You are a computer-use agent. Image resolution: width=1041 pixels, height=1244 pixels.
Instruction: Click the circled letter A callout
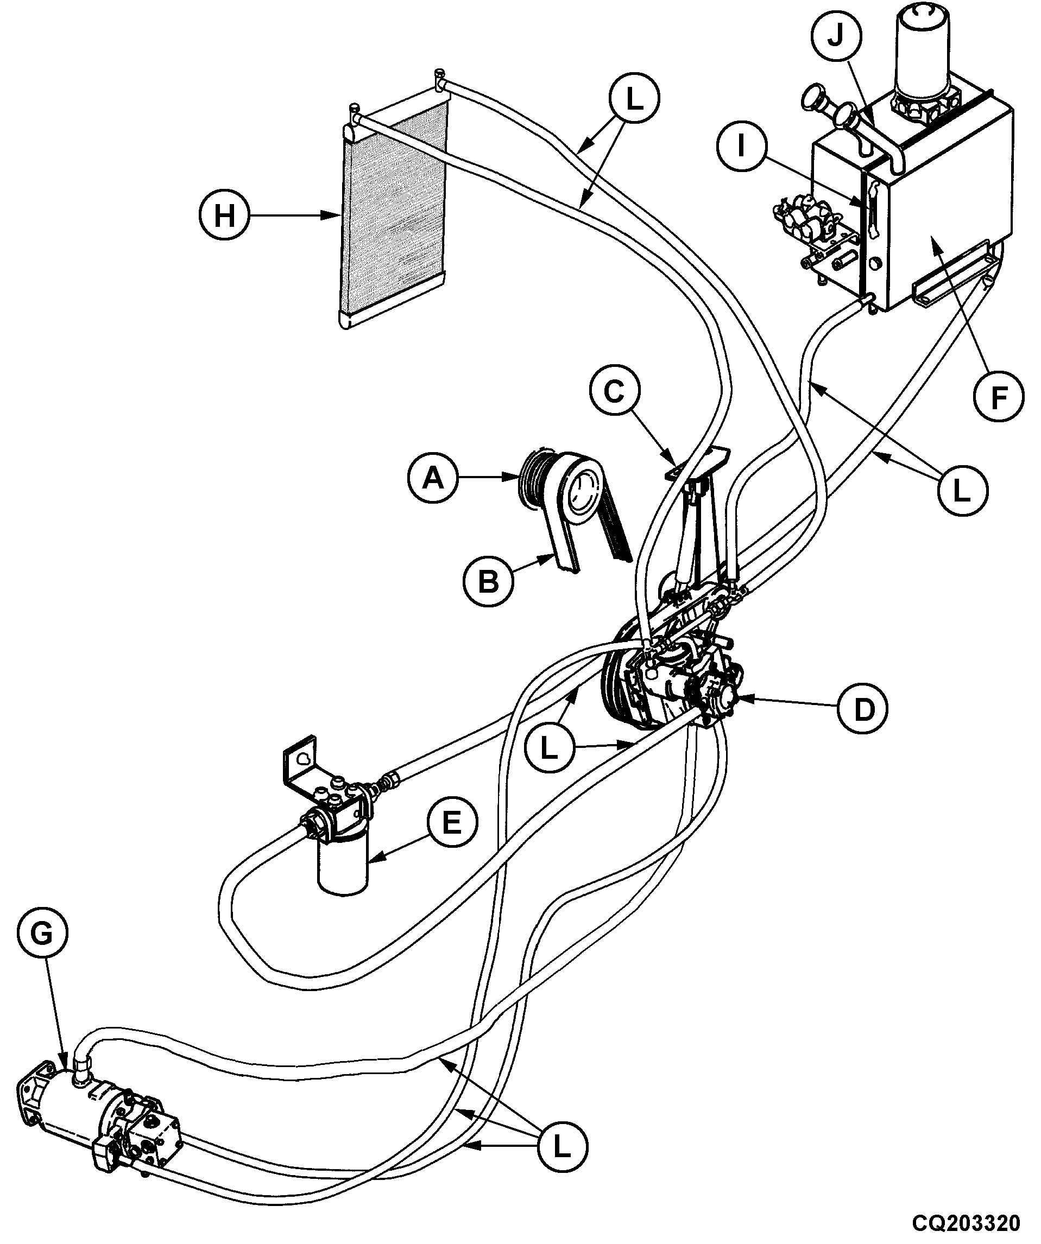click(434, 478)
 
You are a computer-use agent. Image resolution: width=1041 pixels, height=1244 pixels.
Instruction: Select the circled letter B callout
click(489, 582)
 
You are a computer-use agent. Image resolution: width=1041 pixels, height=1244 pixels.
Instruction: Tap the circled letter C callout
click(615, 391)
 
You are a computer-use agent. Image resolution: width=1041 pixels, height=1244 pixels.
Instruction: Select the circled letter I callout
click(741, 145)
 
